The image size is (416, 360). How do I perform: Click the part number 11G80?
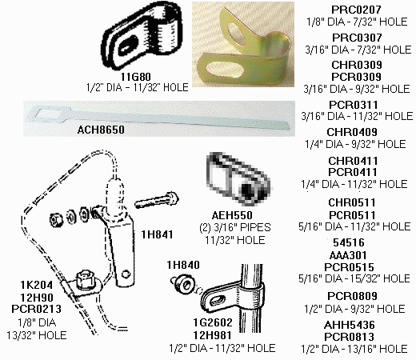pyautogui.click(x=136, y=77)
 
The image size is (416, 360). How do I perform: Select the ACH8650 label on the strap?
pyautogui.click(x=101, y=130)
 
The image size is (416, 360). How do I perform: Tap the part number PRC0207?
pyautogui.click(x=356, y=10)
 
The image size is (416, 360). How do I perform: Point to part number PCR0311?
pyautogui.click(x=354, y=105)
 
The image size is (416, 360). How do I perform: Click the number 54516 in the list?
pyautogui.click(x=349, y=242)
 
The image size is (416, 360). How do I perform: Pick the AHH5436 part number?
pyautogui.click(x=350, y=325)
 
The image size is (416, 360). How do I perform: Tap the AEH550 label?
pyautogui.click(x=232, y=215)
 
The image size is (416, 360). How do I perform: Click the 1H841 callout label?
pyautogui.click(x=157, y=234)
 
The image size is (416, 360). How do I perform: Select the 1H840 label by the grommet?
pyautogui.click(x=183, y=265)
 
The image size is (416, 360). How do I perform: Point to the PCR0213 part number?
pyautogui.click(x=36, y=309)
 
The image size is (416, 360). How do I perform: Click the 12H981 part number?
pyautogui.click(x=213, y=335)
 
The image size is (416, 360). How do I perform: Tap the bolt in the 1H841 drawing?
pyautogui.click(x=157, y=201)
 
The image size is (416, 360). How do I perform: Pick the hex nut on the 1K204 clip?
pyautogui.click(x=85, y=279)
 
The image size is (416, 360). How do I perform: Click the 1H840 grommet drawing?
pyautogui.click(x=182, y=284)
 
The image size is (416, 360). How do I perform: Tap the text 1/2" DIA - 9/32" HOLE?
pyautogui.click(x=354, y=309)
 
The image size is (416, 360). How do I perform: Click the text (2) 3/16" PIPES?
pyautogui.click(x=235, y=227)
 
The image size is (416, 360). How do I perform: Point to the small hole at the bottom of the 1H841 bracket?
pyautogui.click(x=126, y=274)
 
